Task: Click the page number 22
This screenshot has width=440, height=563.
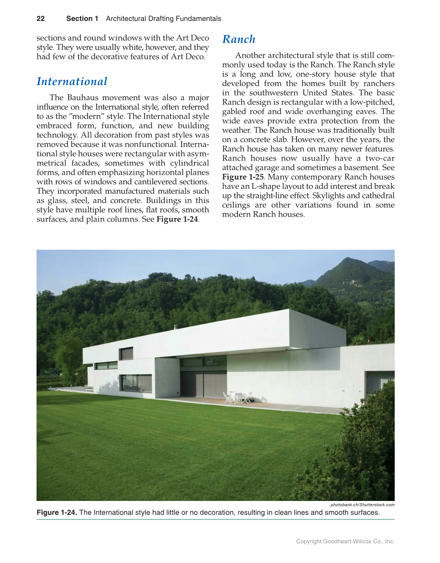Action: (x=41, y=19)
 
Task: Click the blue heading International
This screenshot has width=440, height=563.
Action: (x=72, y=81)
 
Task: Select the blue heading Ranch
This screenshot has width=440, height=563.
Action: (x=239, y=39)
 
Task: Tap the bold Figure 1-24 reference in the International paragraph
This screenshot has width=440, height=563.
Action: (x=177, y=219)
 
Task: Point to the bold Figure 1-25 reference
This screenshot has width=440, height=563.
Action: (x=243, y=177)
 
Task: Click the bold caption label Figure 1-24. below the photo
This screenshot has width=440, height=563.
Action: (x=57, y=512)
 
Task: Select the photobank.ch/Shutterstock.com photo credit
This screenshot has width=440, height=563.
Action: (x=362, y=505)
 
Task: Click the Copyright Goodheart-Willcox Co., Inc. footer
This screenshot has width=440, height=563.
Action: (x=345, y=541)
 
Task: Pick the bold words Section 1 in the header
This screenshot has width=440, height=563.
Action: (x=82, y=19)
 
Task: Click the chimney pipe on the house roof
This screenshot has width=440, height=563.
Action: (x=175, y=327)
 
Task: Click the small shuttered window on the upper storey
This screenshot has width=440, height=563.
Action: (x=127, y=354)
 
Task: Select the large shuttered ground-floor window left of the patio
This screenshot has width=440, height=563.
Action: (x=136, y=383)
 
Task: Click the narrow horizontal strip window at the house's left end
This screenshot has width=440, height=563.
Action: (x=106, y=365)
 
